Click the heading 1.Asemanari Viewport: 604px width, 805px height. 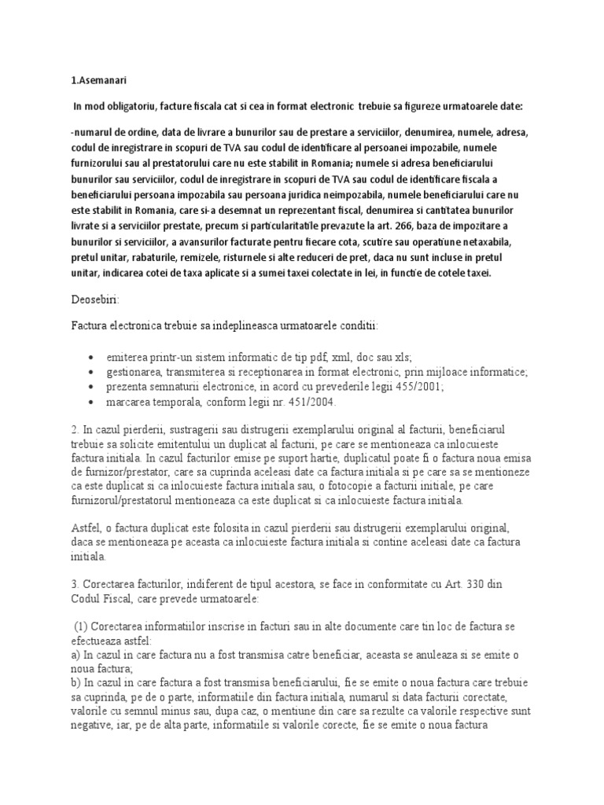click(99, 80)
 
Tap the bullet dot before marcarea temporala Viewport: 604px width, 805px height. click(94, 402)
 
